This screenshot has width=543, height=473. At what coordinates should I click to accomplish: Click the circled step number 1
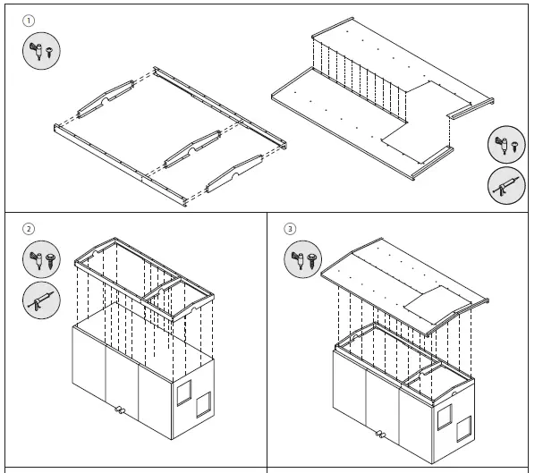[29, 20]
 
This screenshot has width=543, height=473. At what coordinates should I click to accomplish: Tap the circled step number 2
[29, 229]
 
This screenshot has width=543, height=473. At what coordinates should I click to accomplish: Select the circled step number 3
[289, 229]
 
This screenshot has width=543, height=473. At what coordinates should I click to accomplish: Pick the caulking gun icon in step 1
[506, 186]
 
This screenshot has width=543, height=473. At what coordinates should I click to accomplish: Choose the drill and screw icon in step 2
[38, 259]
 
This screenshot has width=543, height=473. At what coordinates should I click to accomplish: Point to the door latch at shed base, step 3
[380, 435]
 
